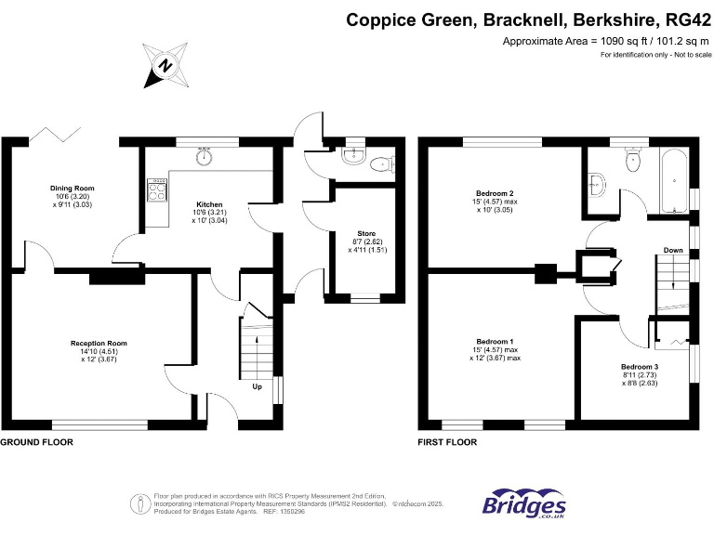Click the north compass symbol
[165, 65]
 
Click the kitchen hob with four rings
[157, 192]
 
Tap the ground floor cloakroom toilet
[380, 165]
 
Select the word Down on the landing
[673, 250]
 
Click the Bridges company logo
[523, 503]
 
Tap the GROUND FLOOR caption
[36, 442]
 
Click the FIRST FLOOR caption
[448, 442]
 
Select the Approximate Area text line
[605, 42]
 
